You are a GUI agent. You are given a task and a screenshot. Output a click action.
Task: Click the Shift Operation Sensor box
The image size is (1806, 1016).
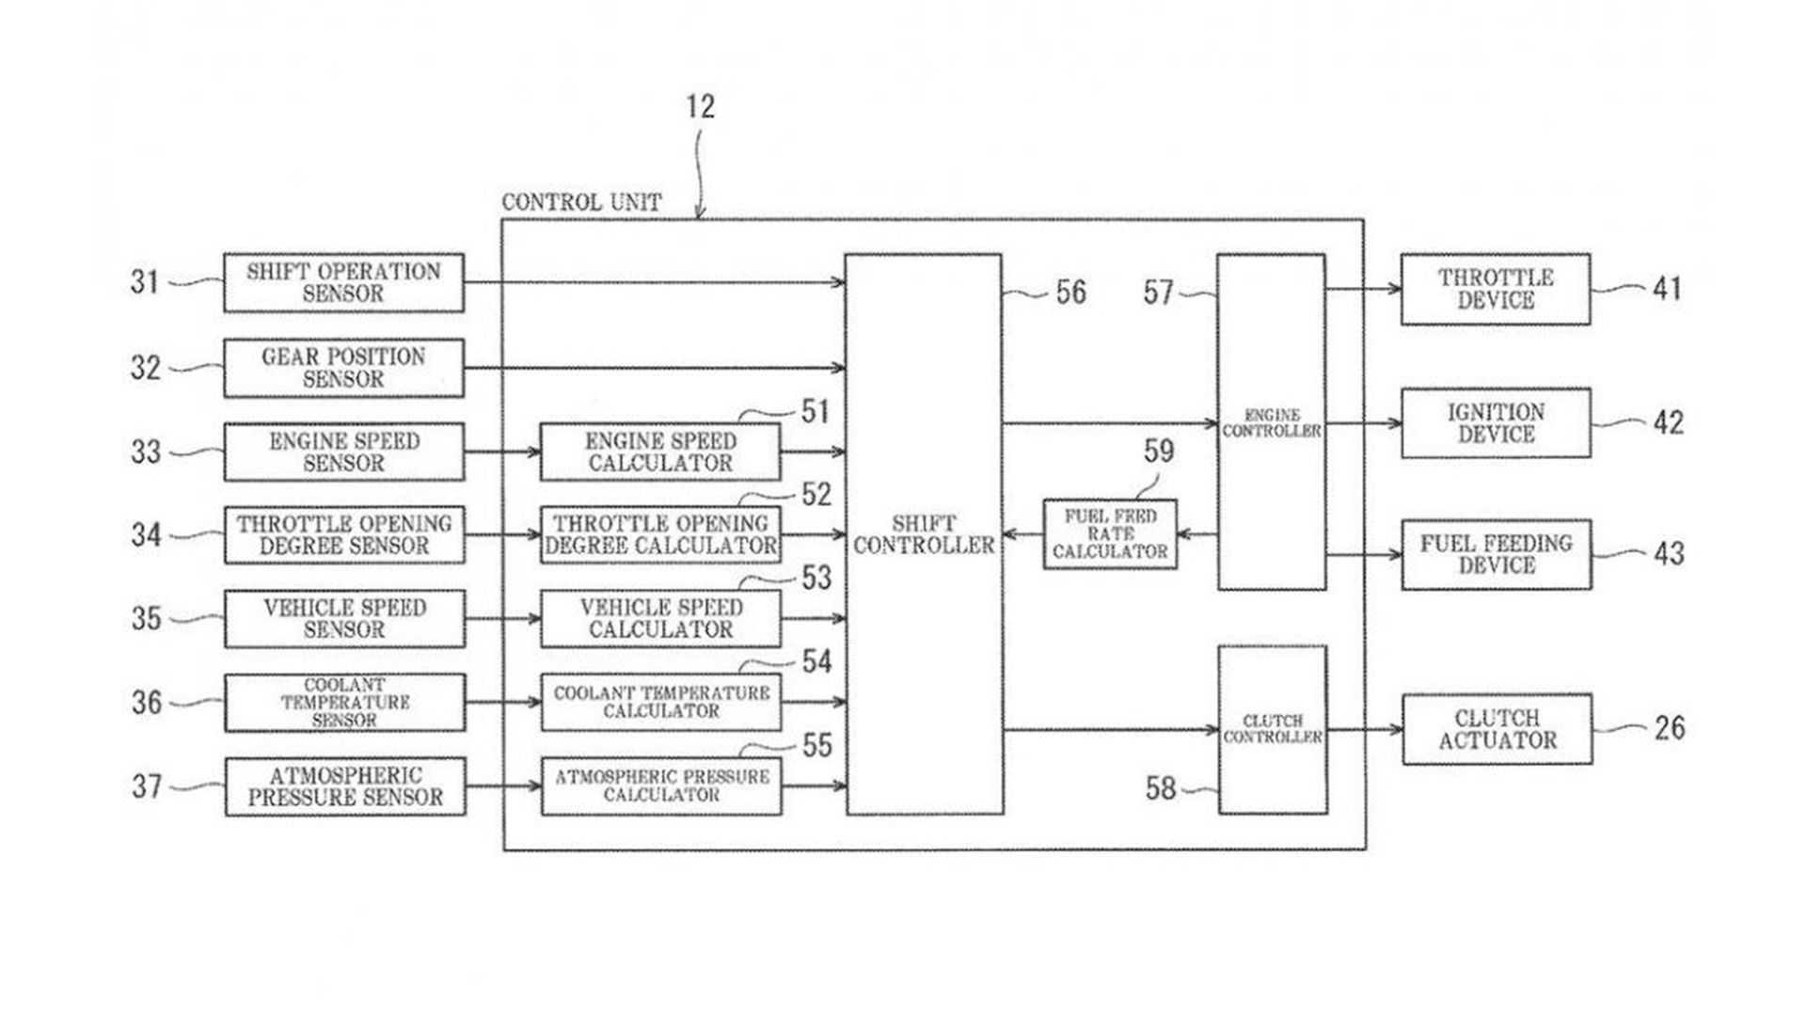point(343,282)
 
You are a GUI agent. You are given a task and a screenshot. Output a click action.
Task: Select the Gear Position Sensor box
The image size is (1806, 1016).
point(343,368)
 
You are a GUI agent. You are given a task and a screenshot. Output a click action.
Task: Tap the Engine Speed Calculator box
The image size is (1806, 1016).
point(660,452)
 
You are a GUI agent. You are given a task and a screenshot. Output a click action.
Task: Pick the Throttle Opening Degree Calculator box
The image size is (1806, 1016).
point(660,534)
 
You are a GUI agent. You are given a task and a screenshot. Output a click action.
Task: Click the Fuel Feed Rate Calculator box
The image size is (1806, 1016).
point(1110,534)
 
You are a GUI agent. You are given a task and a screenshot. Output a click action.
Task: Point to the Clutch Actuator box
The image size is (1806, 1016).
point(1497,729)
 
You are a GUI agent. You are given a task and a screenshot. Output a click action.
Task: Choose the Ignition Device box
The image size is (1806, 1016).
point(1496,423)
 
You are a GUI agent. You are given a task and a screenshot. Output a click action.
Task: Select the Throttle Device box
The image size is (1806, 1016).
point(1496,289)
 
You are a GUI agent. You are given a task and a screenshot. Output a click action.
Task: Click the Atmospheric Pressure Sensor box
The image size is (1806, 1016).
point(345,786)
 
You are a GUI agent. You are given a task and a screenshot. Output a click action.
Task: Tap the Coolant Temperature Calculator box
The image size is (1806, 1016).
point(660,702)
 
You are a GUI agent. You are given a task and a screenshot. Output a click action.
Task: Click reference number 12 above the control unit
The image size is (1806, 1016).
point(700,106)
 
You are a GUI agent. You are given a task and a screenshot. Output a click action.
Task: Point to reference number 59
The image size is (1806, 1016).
point(1159,452)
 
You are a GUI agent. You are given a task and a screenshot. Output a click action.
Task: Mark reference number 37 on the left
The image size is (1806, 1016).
point(147,786)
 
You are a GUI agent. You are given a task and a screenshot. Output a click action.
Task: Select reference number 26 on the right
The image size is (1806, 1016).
point(1670,728)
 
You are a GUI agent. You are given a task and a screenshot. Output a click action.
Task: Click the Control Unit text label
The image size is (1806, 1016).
point(581,202)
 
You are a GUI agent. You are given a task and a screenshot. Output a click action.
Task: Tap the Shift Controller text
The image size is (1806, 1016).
point(924,534)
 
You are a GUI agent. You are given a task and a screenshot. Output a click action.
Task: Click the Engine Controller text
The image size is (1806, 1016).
point(1272,423)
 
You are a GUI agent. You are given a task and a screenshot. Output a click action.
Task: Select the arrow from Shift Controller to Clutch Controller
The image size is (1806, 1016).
point(1110,729)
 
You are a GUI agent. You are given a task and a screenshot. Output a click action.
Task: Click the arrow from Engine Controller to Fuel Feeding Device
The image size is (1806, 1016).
point(1364,555)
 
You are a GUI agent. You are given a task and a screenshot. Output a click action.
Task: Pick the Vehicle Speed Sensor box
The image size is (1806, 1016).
point(344,618)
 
